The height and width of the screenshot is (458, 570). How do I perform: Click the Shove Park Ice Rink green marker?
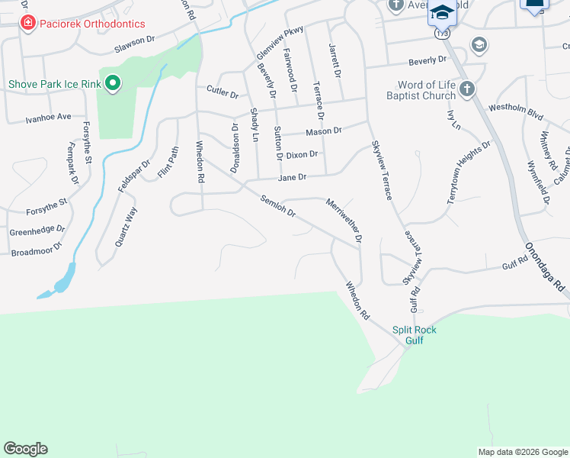pyautogui.click(x=113, y=83)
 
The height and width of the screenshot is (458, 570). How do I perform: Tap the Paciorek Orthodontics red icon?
pyautogui.click(x=28, y=24)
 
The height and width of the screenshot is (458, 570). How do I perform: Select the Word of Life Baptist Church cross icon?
pyautogui.click(x=467, y=89)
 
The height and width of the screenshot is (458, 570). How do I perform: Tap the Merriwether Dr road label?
pyautogui.click(x=343, y=221)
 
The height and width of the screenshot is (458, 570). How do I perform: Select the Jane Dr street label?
pyautogui.click(x=292, y=177)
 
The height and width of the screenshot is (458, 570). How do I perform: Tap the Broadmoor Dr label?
pyautogui.click(x=37, y=250)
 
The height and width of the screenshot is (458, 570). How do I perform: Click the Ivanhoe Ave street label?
pyautogui.click(x=48, y=118)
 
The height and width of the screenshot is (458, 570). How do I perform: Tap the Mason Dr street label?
pyautogui.click(x=323, y=131)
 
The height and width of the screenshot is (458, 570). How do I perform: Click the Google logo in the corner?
pyautogui.click(x=25, y=449)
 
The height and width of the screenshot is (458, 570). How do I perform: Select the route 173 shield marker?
pyautogui.click(x=442, y=34)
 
